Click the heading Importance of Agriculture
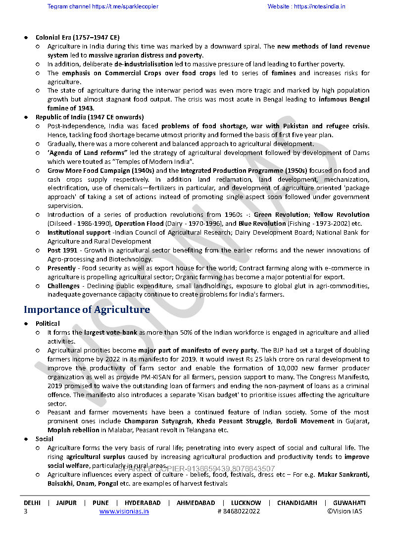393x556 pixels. point(87,310)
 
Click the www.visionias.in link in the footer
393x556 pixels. point(124,511)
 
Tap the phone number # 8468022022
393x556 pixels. point(239,511)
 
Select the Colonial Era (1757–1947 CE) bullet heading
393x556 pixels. point(77,37)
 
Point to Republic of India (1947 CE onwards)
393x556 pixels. point(90,117)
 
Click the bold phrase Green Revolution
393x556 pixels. point(281,215)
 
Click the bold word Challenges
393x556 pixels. point(63,286)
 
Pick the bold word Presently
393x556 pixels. point(61,268)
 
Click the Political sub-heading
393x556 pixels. point(48,324)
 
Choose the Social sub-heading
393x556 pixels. point(45,439)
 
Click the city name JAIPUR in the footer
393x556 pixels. point(66,503)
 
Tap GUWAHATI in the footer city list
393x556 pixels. point(349,503)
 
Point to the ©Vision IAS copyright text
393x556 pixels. point(344,511)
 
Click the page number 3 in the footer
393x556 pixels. point(26,511)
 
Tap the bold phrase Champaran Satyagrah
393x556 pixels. point(158,421)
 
